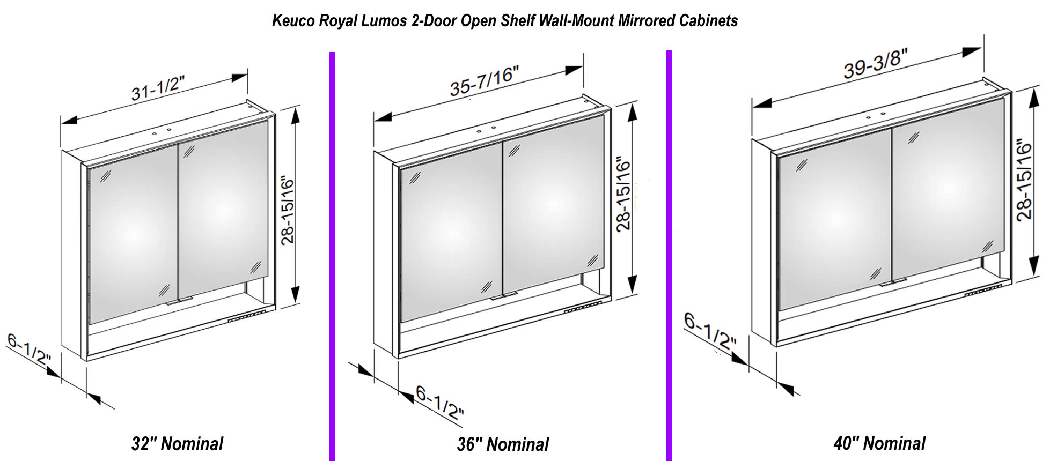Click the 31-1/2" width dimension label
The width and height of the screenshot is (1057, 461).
click(x=158, y=88)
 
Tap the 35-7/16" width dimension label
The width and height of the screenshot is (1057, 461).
click(x=484, y=81)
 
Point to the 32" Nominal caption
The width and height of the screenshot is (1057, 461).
click(x=177, y=444)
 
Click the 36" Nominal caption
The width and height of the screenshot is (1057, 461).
click(x=503, y=444)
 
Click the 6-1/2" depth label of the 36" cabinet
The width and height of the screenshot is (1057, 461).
click(x=439, y=403)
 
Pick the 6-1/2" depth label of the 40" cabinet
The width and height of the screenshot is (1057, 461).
click(x=710, y=332)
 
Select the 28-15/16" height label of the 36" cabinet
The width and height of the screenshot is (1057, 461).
click(x=623, y=194)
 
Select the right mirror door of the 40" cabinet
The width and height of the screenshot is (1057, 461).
click(x=948, y=193)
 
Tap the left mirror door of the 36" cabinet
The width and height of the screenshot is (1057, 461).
click(x=451, y=230)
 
